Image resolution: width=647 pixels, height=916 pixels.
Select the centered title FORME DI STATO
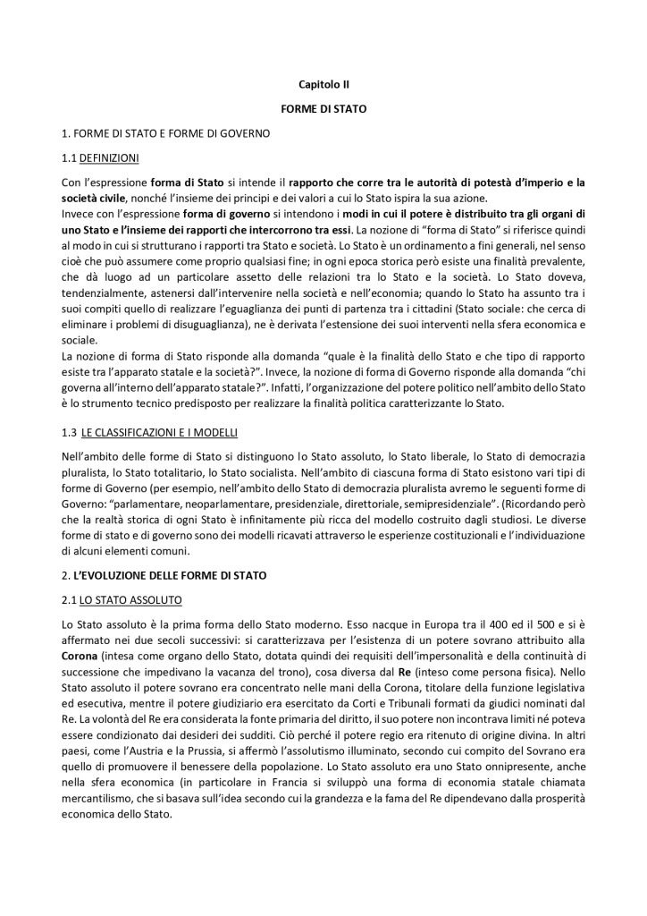point(323,109)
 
